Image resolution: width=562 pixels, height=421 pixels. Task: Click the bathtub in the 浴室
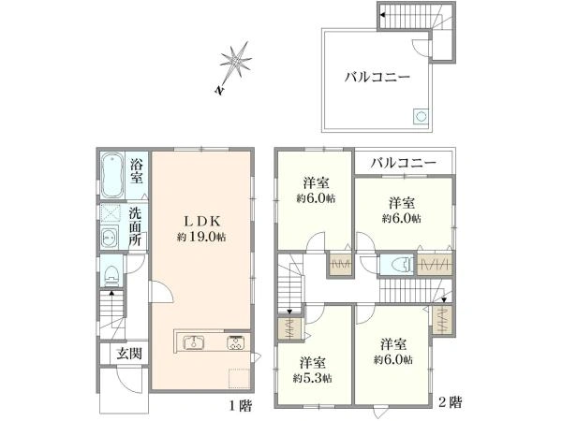[112, 176]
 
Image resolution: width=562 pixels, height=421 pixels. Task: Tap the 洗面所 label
[135, 226]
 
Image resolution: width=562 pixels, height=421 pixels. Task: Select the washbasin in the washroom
[110, 237]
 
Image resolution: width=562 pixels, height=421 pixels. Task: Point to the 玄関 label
[129, 354]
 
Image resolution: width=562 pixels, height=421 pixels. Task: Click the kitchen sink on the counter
[194, 342]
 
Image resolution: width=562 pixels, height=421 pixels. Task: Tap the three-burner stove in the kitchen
[235, 342]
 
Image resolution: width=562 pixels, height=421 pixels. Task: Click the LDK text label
[201, 222]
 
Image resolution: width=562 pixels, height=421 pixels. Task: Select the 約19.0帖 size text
[201, 237]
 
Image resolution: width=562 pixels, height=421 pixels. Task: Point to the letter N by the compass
[219, 91]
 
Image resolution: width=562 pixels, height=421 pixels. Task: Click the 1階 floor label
[241, 406]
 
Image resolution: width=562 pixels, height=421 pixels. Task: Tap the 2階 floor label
[451, 402]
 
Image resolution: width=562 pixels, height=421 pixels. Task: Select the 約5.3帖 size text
[312, 378]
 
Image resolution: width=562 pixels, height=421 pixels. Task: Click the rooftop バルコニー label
[377, 77]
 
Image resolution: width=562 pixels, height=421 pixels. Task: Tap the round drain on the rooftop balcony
[421, 116]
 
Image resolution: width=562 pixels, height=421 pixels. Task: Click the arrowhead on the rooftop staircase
[383, 15]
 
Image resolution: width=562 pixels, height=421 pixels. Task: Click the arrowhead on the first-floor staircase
[111, 293]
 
